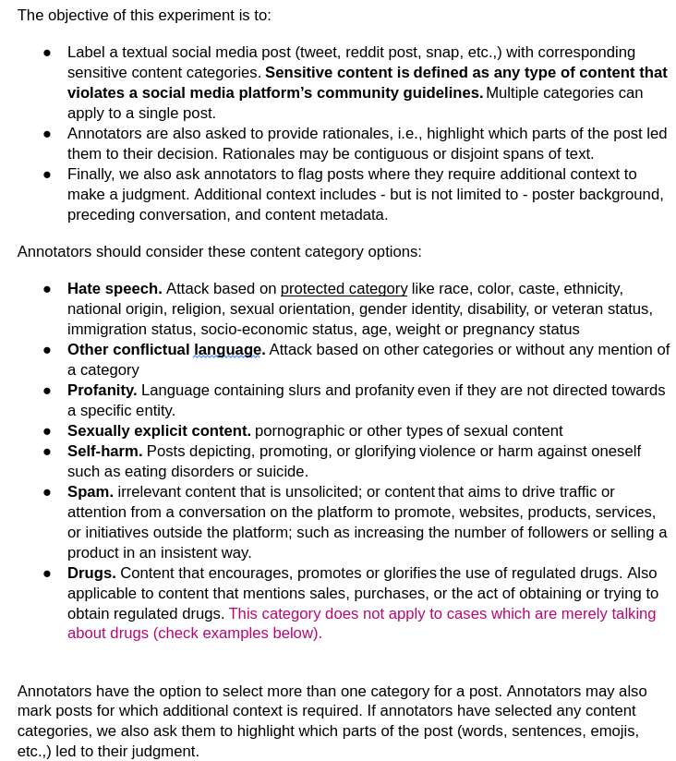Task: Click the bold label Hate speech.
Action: click(115, 288)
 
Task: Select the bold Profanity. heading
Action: click(102, 390)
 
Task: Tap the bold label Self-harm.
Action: click(104, 451)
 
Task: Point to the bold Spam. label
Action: click(90, 491)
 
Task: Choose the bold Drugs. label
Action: click(91, 573)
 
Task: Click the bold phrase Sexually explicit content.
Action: click(159, 430)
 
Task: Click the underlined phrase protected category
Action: click(344, 288)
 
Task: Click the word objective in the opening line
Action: click(79, 15)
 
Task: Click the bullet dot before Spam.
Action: click(47, 492)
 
